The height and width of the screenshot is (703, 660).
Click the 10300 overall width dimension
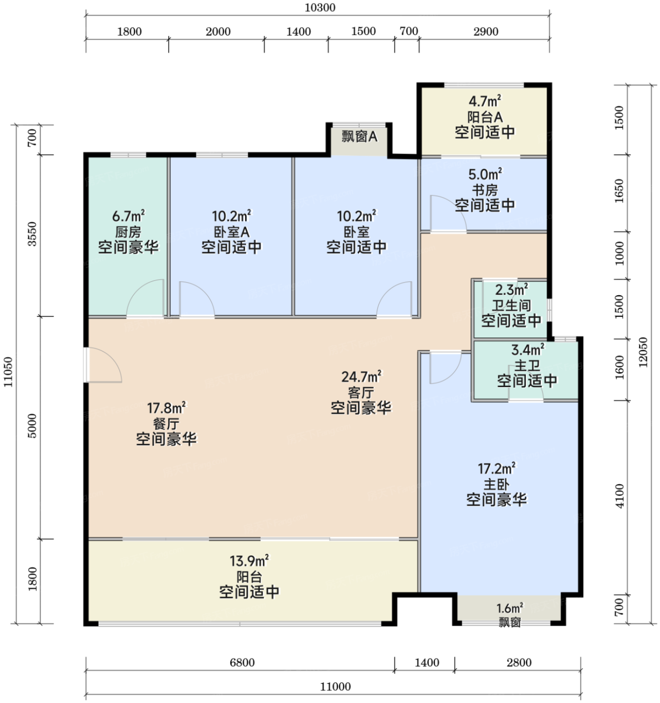[320, 8]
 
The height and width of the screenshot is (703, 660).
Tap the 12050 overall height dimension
[643, 352]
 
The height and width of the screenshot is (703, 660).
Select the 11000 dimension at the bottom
[336, 686]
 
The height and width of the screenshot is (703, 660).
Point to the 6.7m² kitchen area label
[128, 215]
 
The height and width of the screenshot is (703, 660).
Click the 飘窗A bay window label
[360, 136]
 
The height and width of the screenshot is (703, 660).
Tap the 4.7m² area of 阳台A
[485, 101]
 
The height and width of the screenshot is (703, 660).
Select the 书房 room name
[485, 190]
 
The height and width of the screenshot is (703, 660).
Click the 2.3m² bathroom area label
[511, 290]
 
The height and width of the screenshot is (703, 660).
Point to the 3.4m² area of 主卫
[527, 349]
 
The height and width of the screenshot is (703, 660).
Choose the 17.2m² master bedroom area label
[496, 468]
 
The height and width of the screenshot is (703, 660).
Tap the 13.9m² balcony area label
[249, 561]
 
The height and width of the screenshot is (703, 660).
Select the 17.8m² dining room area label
[166, 408]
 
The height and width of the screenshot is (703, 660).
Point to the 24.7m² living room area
[361, 377]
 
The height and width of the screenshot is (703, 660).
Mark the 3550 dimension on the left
[32, 234]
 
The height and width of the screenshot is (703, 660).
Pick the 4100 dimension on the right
[620, 496]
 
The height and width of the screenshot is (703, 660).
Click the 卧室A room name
[232, 232]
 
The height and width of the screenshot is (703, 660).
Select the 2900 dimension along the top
[486, 32]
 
